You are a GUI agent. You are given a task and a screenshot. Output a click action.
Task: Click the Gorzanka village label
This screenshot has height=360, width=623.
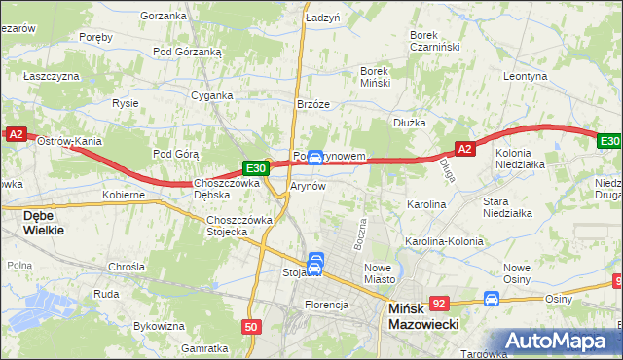(163, 16)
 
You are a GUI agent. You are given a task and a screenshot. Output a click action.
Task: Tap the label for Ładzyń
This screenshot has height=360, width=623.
(322, 18)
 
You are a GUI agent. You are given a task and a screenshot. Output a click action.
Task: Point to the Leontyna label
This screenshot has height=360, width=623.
(527, 75)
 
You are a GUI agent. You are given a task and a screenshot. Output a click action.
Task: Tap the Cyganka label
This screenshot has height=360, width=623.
(211, 95)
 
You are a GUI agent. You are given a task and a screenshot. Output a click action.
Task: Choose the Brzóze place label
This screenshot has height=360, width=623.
(313, 104)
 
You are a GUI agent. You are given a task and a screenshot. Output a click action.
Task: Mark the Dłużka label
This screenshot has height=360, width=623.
(411, 123)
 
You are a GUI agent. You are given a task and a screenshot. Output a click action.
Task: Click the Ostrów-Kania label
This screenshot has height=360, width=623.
(69, 141)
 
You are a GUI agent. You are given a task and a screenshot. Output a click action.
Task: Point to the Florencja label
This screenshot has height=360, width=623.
(326, 305)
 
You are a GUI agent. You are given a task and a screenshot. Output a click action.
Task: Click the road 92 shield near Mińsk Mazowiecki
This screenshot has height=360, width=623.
(440, 303)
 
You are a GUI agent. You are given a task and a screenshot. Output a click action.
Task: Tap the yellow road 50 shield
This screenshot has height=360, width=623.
(252, 328)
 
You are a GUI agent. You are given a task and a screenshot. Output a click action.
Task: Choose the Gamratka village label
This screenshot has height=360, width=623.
(204, 347)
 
